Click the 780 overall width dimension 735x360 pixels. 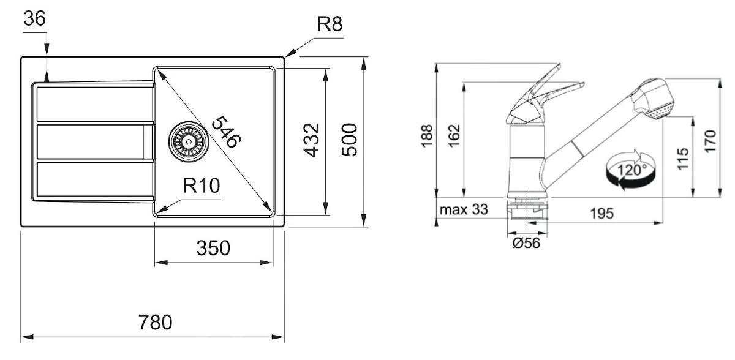(155, 321)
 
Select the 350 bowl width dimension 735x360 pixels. (213, 249)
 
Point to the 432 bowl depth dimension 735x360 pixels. (312, 140)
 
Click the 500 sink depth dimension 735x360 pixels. (349, 140)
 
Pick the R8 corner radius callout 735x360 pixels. (329, 25)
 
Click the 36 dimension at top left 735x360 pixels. (34, 20)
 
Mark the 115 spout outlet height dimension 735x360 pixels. (684, 157)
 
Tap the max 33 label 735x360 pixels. (464, 210)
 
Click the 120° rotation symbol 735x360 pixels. (631, 170)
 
